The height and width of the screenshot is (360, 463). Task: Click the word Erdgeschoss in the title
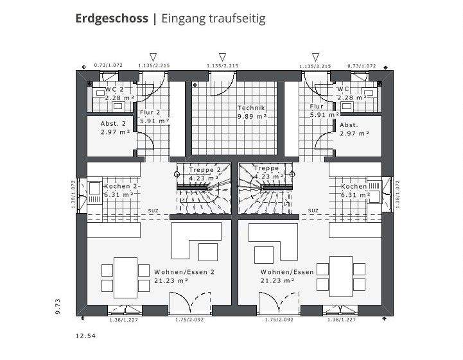112,19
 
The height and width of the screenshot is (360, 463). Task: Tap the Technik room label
251,108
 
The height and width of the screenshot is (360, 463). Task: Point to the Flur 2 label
150,112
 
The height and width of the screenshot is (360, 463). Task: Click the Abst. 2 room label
113,124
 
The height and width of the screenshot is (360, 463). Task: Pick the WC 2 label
114,89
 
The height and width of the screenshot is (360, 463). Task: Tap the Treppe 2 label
204,169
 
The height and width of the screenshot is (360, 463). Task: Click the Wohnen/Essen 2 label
184,271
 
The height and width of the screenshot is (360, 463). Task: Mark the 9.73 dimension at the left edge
58,306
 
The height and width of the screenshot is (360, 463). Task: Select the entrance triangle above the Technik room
222,57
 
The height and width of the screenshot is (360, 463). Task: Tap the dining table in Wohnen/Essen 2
121,274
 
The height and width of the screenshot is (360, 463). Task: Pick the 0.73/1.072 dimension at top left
108,65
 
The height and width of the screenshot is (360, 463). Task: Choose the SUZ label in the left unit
153,210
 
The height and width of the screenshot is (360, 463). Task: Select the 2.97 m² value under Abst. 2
115,133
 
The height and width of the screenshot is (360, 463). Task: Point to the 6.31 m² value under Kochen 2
119,194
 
